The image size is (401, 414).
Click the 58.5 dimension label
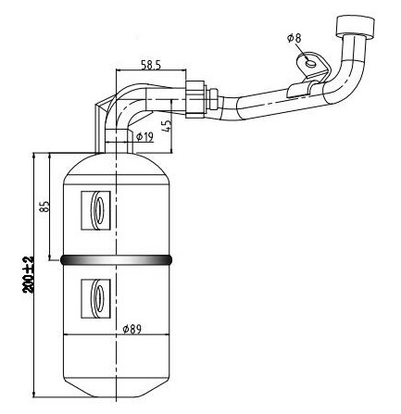(151, 65)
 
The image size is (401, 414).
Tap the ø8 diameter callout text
(294, 38)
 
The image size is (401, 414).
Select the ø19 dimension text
(144, 136)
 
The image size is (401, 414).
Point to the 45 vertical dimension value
(167, 126)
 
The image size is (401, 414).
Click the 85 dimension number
(44, 207)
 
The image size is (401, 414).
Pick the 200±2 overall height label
(29, 275)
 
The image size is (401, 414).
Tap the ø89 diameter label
(132, 330)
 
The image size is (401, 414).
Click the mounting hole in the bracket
(311, 64)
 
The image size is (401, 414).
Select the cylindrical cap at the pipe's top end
(355, 27)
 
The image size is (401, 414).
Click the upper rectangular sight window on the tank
(95, 210)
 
